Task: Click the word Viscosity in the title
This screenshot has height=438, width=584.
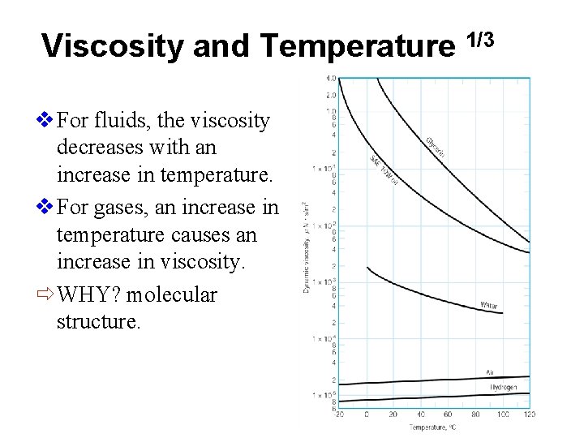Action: [x=113, y=46]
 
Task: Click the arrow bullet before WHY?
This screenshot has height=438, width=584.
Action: [x=47, y=294]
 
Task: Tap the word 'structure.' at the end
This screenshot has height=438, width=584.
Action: [x=98, y=322]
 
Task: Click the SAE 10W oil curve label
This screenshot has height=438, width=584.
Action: [x=384, y=170]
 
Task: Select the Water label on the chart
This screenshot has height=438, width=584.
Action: [x=489, y=306]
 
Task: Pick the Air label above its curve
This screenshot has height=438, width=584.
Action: [x=490, y=372]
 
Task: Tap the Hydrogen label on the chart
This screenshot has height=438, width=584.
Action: [x=502, y=388]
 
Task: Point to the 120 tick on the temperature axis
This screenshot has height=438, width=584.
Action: [x=530, y=414]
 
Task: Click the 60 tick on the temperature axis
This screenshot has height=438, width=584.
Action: [x=448, y=414]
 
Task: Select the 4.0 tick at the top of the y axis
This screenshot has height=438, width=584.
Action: [x=331, y=79]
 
